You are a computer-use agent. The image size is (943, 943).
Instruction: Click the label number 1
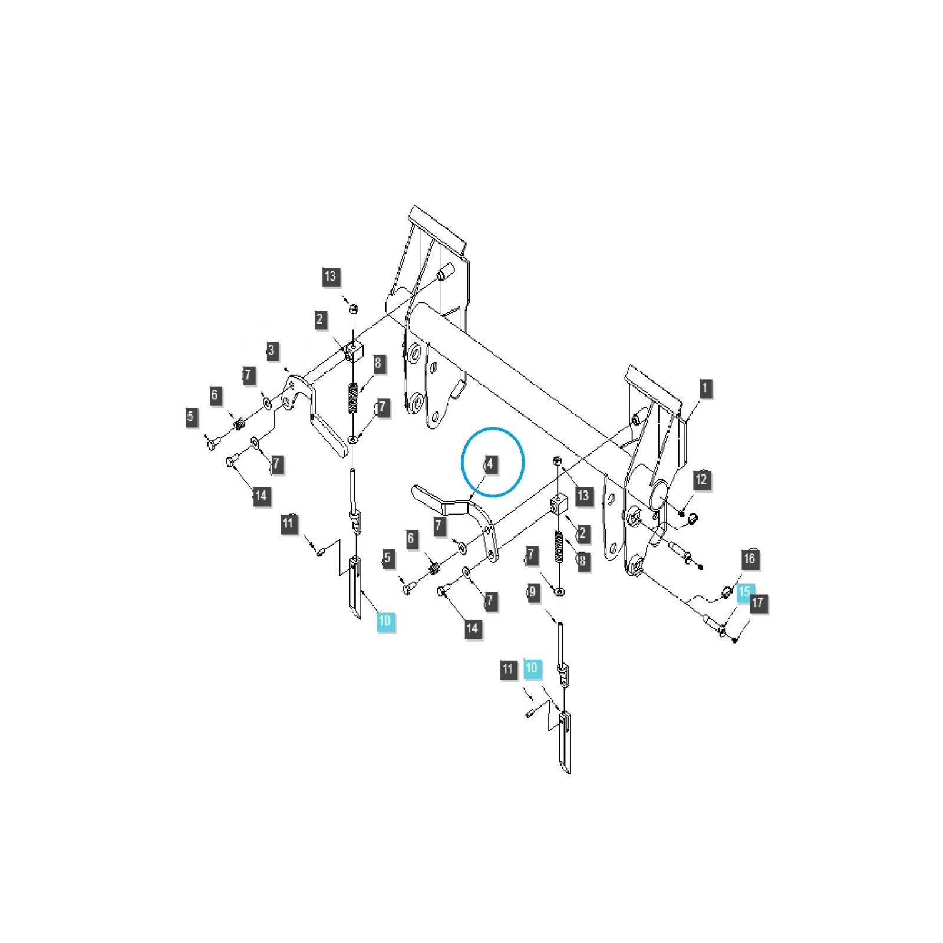tap(704, 388)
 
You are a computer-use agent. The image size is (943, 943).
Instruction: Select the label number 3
tap(271, 351)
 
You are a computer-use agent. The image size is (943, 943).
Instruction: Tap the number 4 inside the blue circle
tap(490, 464)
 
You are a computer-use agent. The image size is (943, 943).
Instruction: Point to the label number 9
tap(533, 592)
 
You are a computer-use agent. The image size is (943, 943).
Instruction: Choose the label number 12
tap(701, 480)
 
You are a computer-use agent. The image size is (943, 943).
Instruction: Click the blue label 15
tap(744, 591)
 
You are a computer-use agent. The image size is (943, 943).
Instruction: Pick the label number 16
tap(749, 559)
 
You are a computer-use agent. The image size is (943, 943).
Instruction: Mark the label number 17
tap(758, 603)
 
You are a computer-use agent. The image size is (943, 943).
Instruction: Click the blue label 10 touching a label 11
tap(532, 668)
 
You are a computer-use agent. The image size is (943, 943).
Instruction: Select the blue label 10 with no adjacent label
tap(385, 621)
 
